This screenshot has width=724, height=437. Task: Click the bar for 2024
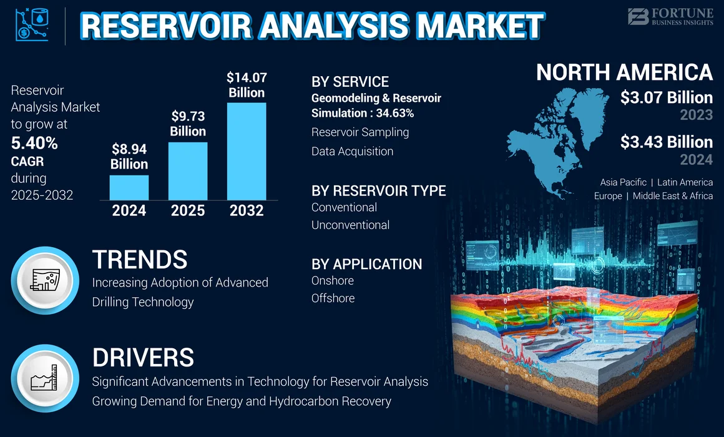click(x=129, y=187)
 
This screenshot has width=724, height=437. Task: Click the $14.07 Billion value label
click(x=247, y=85)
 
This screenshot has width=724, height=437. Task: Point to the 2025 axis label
click(x=188, y=211)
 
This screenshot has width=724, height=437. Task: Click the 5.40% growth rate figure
click(x=34, y=144)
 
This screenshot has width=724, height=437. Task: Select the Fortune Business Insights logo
click(x=670, y=16)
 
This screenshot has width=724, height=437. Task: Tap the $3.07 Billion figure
click(x=667, y=97)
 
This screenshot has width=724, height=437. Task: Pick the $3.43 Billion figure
click(x=667, y=142)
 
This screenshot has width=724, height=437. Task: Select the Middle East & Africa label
click(x=672, y=196)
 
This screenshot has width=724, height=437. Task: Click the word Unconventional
click(x=350, y=225)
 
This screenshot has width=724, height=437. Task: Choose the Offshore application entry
click(x=333, y=298)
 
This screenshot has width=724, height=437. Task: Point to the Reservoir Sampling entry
click(x=360, y=132)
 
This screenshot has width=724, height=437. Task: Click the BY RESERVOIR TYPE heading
click(x=378, y=190)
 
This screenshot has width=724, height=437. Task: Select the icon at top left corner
click(x=31, y=26)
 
